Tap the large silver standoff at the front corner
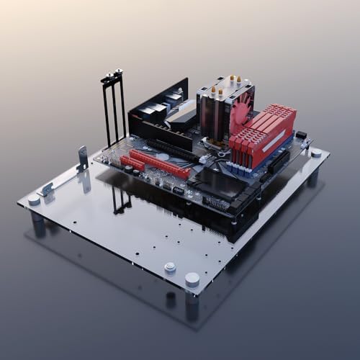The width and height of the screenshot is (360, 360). click(x=192, y=279)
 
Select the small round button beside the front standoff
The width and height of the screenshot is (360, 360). click(x=170, y=267)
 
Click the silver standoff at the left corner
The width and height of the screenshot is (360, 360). click(x=34, y=199)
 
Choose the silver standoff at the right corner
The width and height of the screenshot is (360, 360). click(x=316, y=153)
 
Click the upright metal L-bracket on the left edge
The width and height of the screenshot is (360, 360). click(x=83, y=158)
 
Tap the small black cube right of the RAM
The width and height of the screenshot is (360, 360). click(x=301, y=135)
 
